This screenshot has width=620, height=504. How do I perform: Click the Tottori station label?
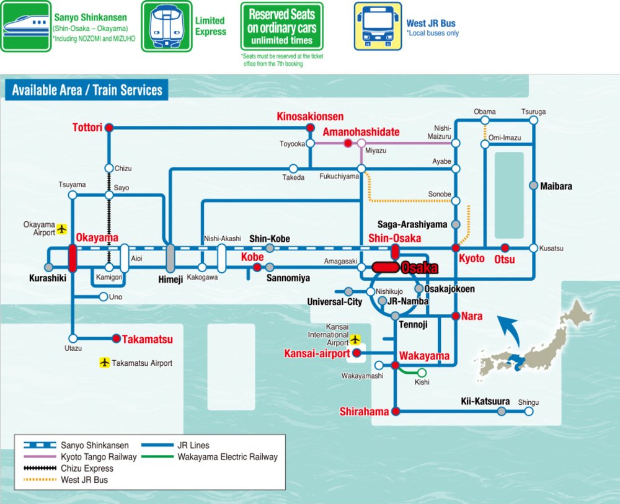(88, 126)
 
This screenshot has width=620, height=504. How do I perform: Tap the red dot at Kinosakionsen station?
(310, 128)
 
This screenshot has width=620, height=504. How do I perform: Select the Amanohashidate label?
(361, 131)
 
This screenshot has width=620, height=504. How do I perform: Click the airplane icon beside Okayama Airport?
(62, 229)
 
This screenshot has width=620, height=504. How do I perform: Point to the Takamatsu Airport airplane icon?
(104, 362)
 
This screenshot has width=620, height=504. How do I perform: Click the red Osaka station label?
(420, 268)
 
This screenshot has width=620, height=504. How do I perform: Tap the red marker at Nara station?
(456, 316)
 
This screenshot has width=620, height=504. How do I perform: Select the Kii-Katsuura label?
(485, 402)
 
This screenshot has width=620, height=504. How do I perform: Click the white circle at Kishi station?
(422, 372)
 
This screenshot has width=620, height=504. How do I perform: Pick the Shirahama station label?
(364, 412)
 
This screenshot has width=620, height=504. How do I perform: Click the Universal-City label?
(335, 302)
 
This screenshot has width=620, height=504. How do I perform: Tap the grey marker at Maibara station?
(533, 185)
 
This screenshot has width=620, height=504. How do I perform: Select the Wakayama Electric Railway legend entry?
(228, 457)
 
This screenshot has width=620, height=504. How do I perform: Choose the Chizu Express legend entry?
(87, 469)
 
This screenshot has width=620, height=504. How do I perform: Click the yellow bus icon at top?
(377, 26)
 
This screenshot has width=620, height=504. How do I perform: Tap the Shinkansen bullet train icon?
(25, 26)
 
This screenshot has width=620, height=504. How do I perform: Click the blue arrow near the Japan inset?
(511, 329)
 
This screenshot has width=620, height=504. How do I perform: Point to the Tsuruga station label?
(533, 112)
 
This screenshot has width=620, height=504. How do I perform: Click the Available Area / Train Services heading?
(87, 91)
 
